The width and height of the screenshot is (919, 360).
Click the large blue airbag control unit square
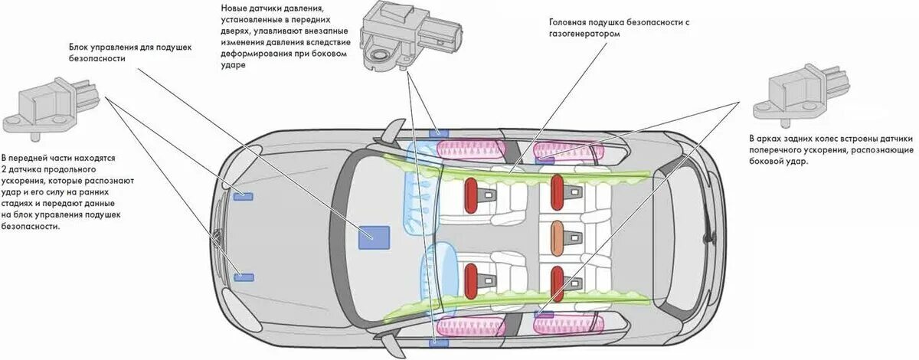click(374, 237)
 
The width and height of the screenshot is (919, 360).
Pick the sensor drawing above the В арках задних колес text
click(800, 93)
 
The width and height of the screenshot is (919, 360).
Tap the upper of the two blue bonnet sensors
click(244, 197)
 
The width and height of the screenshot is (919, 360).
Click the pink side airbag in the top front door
click(470, 147)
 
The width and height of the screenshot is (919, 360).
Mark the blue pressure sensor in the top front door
click(439, 133)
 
